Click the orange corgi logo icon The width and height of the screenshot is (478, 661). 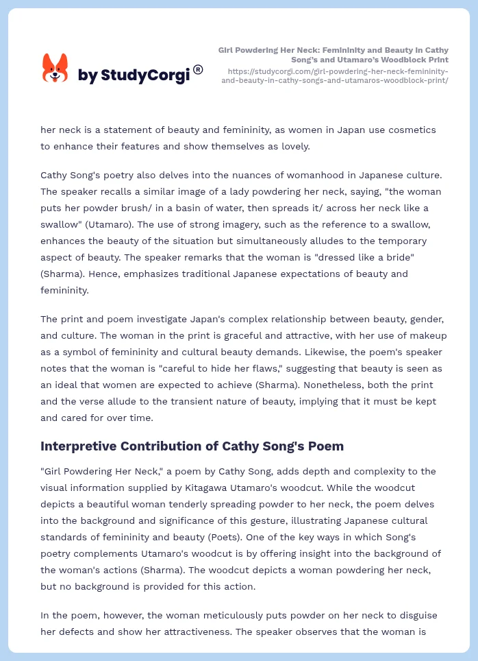[55, 68]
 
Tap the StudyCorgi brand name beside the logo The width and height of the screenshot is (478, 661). [134, 75]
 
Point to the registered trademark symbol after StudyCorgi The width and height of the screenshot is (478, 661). [198, 69]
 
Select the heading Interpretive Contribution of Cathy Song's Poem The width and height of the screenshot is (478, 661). [192, 446]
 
